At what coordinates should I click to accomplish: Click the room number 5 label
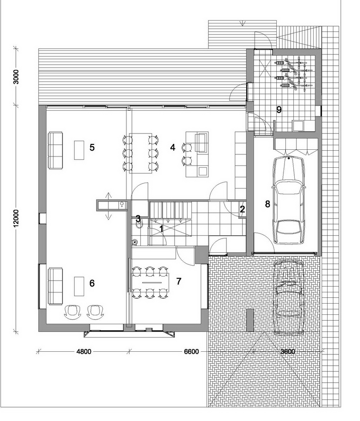click(x=92, y=148)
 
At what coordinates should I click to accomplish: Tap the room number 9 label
click(x=279, y=110)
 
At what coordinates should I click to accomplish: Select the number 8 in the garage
click(x=267, y=204)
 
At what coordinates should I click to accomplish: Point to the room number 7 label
click(x=179, y=281)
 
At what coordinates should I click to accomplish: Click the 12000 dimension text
click(x=16, y=218)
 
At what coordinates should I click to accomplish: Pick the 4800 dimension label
click(x=84, y=351)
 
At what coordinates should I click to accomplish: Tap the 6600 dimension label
click(x=192, y=351)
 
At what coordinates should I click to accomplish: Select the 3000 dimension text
click(x=16, y=77)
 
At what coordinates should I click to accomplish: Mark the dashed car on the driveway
click(x=289, y=297)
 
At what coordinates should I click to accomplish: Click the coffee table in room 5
click(x=79, y=150)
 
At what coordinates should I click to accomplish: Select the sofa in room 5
click(x=55, y=150)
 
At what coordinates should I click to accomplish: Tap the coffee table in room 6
click(x=79, y=286)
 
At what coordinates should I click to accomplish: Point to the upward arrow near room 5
click(x=108, y=197)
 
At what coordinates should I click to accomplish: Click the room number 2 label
click(x=243, y=210)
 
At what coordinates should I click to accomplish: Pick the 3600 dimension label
click(x=288, y=351)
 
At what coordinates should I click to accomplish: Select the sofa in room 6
click(x=55, y=286)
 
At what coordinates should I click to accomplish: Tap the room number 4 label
click(x=173, y=148)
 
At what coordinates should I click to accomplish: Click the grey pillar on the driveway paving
click(x=250, y=320)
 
